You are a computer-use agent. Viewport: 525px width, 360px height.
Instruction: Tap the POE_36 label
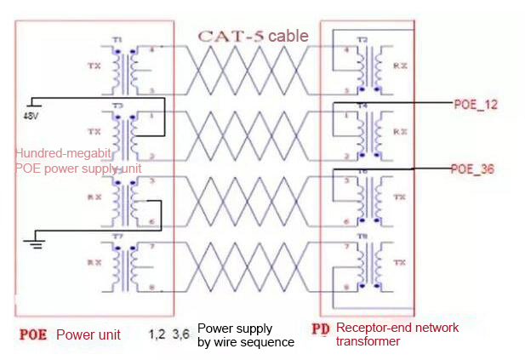[x=471, y=169]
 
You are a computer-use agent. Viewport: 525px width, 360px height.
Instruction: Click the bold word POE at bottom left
[x=33, y=334]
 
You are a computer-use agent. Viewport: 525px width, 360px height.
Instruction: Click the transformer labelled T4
[x=366, y=133]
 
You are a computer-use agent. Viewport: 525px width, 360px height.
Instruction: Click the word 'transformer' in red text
[x=368, y=341]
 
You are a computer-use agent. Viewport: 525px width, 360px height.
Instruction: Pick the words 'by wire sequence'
[x=245, y=342]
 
